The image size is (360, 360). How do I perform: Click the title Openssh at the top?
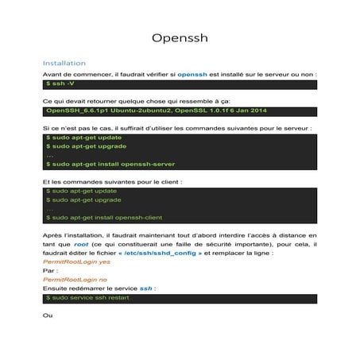pos(180,39)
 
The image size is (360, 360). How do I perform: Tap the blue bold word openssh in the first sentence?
pos(192,74)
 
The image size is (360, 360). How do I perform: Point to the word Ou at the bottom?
pos(48,315)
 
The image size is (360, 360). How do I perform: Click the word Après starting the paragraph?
pos(52,235)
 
